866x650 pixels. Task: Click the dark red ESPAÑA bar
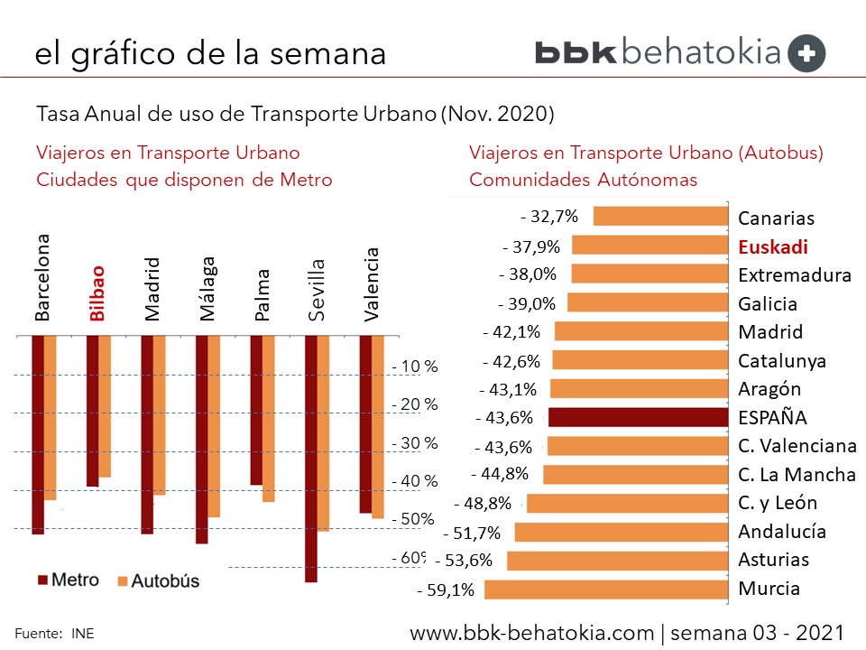637,417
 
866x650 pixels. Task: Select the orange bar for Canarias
660,217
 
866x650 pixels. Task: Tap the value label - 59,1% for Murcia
446,591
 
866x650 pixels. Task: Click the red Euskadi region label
772,246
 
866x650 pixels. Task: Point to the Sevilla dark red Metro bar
311,459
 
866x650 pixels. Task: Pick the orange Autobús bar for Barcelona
51,417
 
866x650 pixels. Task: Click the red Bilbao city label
97,293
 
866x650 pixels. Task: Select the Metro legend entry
67,580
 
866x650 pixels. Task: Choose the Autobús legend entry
156,581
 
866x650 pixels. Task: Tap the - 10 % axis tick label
415,367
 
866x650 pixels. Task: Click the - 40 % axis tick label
415,481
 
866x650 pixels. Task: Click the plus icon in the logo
806,53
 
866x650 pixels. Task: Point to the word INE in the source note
83,634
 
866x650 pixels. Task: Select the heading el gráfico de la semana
210,53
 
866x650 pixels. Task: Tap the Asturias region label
773,560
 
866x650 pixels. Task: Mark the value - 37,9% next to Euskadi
530,246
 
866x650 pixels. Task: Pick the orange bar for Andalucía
621,532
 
